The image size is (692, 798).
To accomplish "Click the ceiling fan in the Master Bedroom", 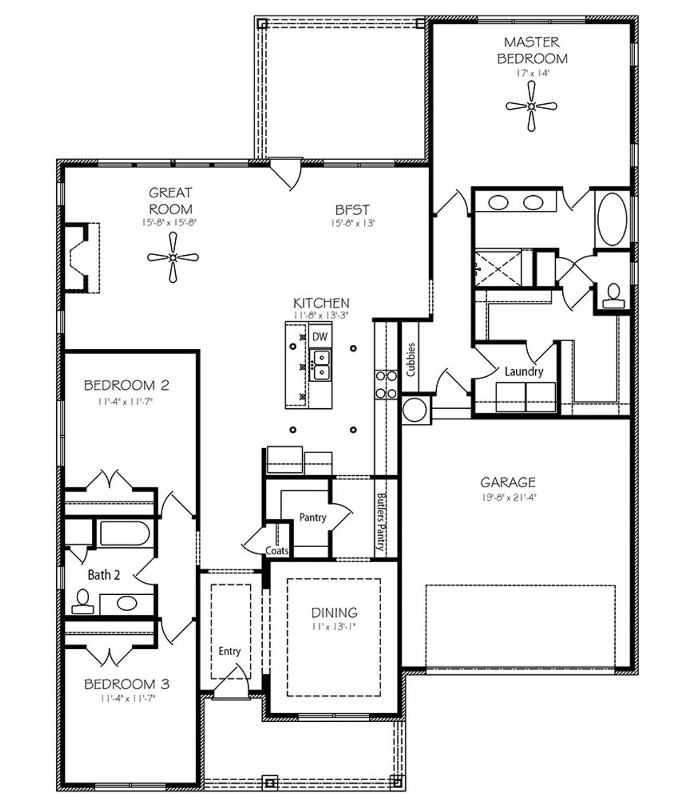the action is (531, 106).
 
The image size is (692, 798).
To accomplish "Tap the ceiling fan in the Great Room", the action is (173, 257).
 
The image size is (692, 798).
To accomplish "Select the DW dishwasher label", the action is (320, 337).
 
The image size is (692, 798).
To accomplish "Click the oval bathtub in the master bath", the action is (612, 218).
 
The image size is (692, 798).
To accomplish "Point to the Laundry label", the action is (524, 371).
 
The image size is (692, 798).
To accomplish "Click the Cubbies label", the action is (411, 360).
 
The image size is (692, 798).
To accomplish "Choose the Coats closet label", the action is (277, 550).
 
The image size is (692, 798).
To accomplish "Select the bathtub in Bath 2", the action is (125, 533).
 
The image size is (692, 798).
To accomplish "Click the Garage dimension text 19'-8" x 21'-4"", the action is (509, 497).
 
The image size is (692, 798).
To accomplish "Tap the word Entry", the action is (229, 651).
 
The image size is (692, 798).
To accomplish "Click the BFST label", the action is (352, 210).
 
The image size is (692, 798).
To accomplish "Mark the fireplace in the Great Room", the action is (82, 258).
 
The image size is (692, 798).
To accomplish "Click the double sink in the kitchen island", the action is (321, 365).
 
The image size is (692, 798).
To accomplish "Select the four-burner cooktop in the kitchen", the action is (386, 384).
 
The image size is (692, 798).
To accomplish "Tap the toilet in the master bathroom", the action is (614, 296).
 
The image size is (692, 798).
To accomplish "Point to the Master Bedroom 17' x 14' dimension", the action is (533, 73).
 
